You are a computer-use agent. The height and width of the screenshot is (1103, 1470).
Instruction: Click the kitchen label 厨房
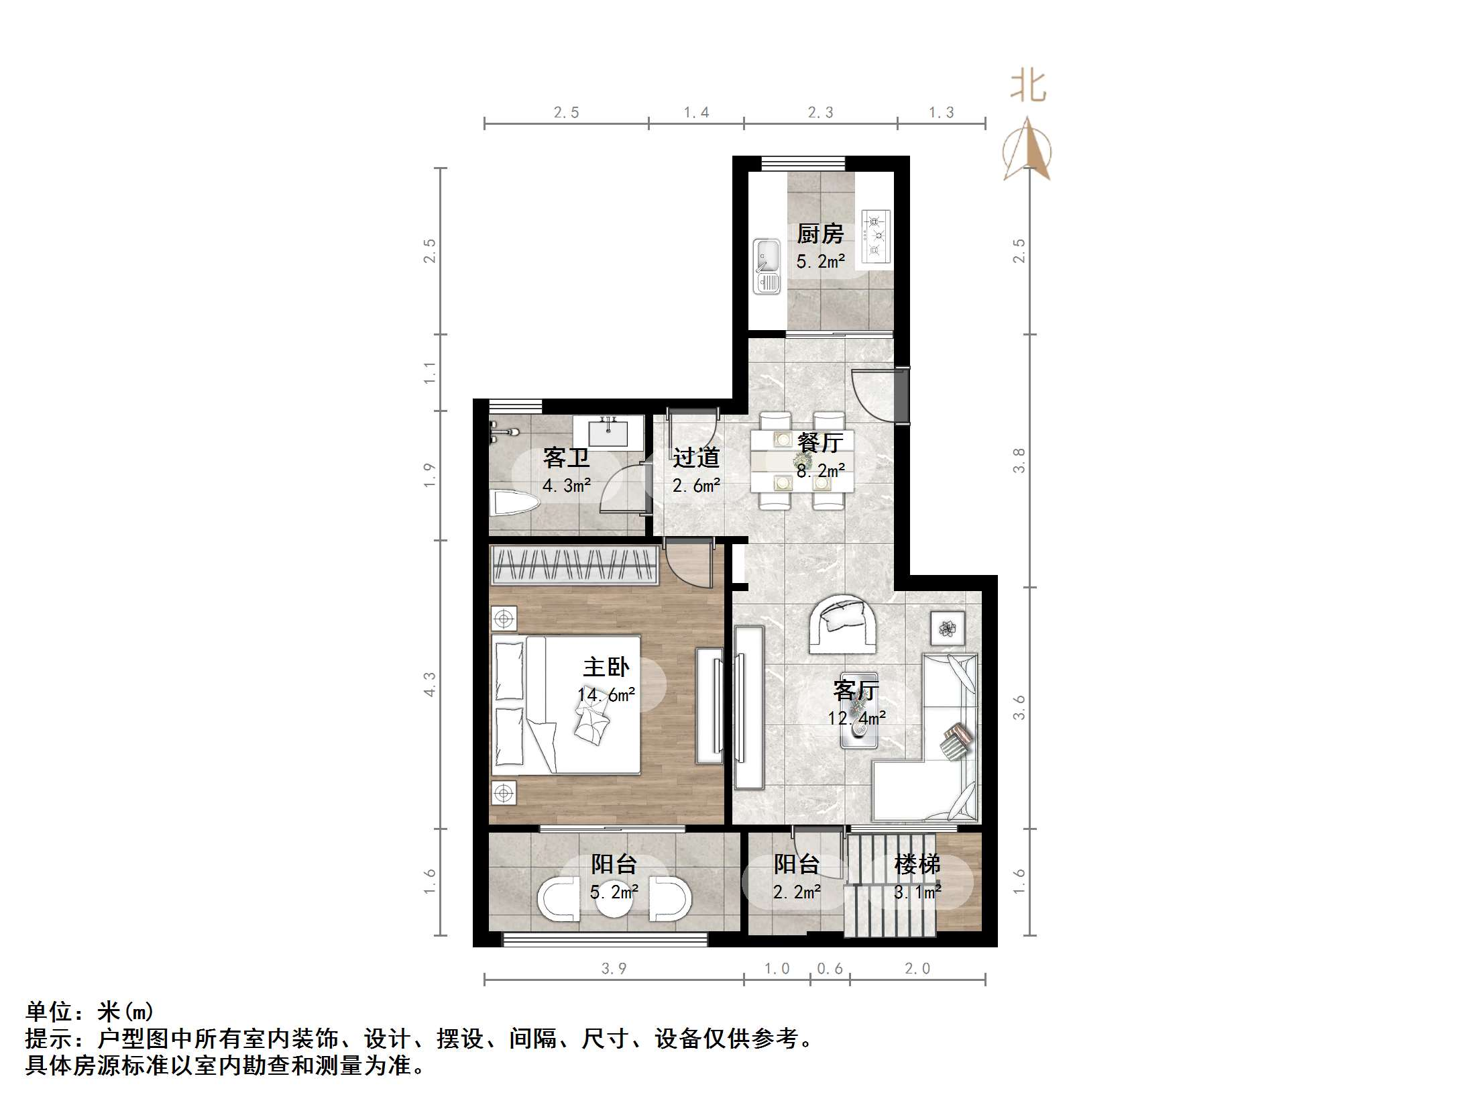(x=819, y=234)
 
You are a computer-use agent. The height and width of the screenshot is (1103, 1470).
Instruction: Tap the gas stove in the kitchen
(x=876, y=235)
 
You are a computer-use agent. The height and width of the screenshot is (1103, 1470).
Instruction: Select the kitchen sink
(x=767, y=266)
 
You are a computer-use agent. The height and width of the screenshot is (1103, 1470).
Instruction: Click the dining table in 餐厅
(x=802, y=460)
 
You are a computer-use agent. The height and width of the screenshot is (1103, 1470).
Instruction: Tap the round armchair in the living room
(x=842, y=624)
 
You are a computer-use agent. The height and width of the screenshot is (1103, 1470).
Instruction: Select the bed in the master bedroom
(x=565, y=704)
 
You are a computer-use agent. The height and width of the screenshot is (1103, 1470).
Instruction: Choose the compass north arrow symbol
(x=1027, y=151)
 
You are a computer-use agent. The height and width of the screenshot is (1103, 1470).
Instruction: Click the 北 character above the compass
(x=1028, y=87)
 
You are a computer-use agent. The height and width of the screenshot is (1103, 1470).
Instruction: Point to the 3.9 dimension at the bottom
(x=614, y=969)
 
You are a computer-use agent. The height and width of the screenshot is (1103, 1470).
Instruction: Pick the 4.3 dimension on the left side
(x=430, y=684)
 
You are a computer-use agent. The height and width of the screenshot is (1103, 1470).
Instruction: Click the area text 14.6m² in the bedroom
(x=606, y=695)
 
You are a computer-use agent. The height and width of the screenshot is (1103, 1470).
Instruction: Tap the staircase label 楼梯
(x=917, y=864)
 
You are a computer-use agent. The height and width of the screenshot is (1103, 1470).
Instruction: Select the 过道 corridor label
(x=696, y=458)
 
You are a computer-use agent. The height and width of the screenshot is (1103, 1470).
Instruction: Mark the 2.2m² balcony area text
(x=797, y=892)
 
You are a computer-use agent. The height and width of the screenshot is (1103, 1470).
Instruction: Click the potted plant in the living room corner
(x=948, y=629)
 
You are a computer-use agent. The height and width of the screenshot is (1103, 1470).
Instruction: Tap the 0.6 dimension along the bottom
(x=830, y=969)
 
